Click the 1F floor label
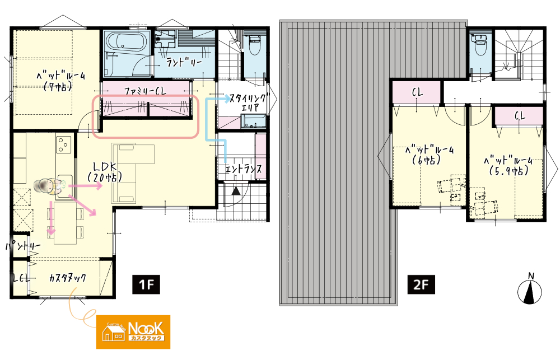(x=146, y=284)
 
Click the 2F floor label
(x=421, y=284)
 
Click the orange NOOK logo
(x=133, y=332)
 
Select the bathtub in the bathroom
(x=126, y=42)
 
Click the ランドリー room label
(x=184, y=63)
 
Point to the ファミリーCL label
(x=146, y=91)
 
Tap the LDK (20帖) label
(x=105, y=171)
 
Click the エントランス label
(x=244, y=169)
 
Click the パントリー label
(x=23, y=246)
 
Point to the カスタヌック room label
(x=68, y=278)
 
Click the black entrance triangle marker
(x=236, y=191)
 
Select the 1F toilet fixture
(x=254, y=45)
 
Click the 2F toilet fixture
(x=478, y=45)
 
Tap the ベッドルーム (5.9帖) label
(x=508, y=166)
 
